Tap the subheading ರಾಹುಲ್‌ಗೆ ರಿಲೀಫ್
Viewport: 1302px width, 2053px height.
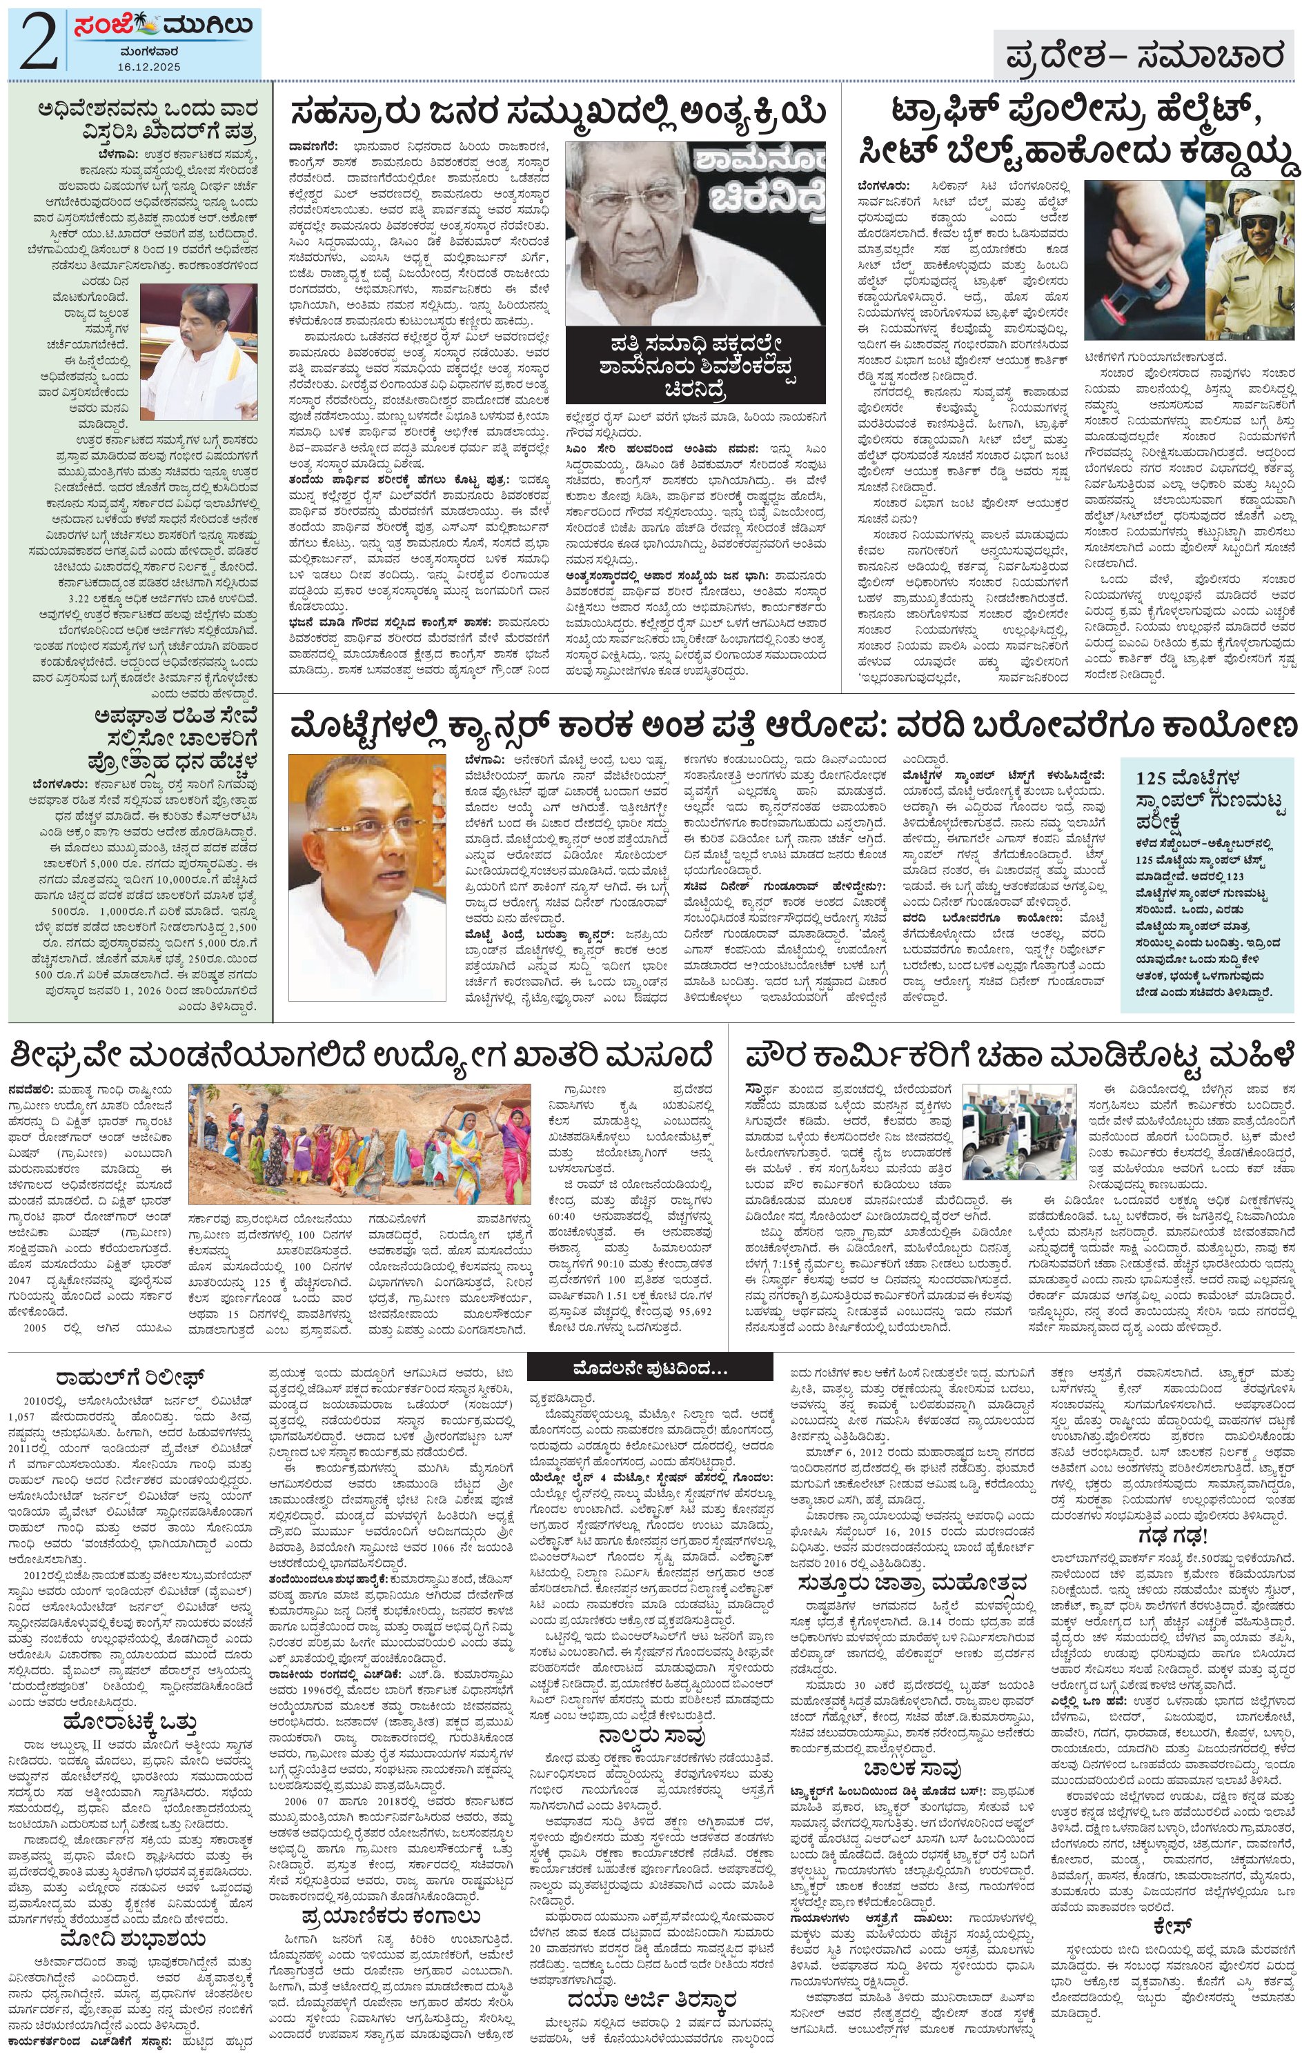coord(127,1378)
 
